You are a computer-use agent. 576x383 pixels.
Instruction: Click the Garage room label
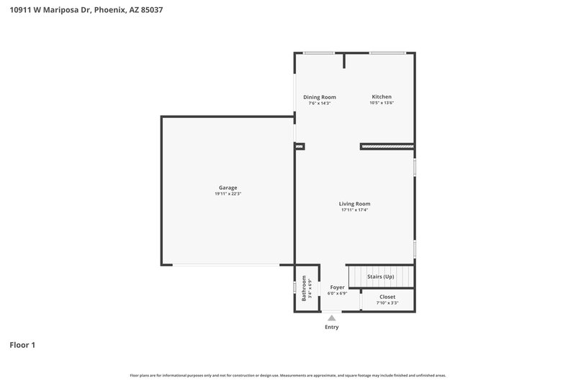(228, 188)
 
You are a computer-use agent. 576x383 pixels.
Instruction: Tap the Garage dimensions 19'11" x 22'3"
(228, 194)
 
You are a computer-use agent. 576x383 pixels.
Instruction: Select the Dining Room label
(319, 97)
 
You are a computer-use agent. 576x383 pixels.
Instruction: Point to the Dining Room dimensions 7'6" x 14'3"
(319, 103)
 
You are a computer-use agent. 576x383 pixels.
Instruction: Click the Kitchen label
(382, 97)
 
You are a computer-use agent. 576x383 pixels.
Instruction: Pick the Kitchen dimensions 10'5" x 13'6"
(382, 103)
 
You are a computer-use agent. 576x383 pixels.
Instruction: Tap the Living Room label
(354, 203)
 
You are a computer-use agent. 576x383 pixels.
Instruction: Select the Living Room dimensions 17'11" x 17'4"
(354, 210)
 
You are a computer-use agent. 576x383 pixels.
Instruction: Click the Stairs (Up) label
(381, 276)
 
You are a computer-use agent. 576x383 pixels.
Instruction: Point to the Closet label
(387, 296)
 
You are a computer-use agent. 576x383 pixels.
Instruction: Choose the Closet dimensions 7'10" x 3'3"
(387, 303)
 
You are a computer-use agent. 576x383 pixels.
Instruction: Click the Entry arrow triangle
(331, 317)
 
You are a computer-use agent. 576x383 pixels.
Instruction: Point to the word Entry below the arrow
(331, 327)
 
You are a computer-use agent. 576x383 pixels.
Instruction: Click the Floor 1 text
(22, 345)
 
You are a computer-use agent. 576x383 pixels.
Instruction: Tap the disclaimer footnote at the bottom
(288, 375)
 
